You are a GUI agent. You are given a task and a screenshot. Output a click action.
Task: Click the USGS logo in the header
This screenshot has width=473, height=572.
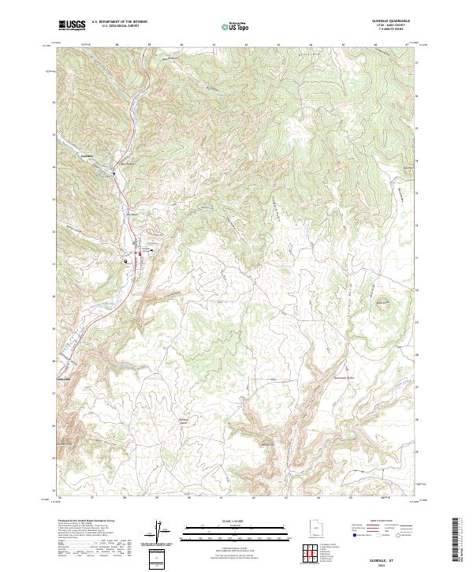pos(72,25)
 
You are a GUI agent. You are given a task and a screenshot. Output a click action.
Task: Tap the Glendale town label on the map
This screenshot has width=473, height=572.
pos(88,155)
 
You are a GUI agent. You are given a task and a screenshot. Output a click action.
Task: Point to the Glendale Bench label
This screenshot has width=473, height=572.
pos(184,421)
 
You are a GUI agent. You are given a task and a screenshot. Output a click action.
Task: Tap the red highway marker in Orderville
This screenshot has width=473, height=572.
pos(142,253)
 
